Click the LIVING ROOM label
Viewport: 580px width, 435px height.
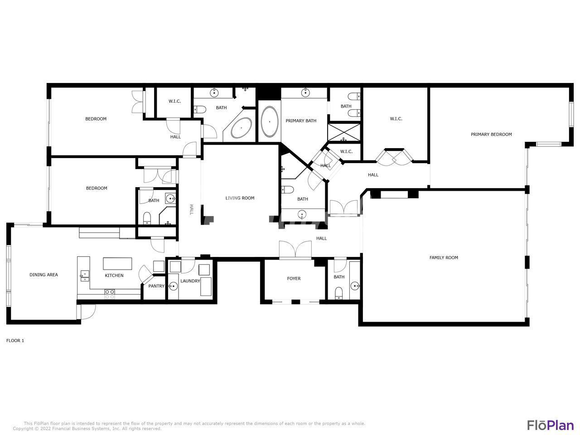[x=240, y=198]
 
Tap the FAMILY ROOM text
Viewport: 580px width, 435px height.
[x=444, y=257]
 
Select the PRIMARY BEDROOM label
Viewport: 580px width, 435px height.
[x=491, y=134]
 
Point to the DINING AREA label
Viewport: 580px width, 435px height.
[x=43, y=275]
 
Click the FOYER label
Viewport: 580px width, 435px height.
[x=294, y=278]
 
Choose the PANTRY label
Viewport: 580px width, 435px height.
[x=156, y=286]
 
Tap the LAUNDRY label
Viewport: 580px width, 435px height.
[x=190, y=281]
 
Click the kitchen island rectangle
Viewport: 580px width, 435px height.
[x=117, y=263]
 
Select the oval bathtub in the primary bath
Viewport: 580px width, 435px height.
[x=269, y=122]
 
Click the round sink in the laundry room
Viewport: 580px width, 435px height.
[x=173, y=286]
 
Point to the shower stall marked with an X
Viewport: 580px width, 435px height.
[x=343, y=132]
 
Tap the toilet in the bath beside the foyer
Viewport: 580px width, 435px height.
[x=338, y=293]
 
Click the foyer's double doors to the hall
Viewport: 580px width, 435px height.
[x=295, y=249]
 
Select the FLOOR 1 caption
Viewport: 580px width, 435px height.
[x=15, y=340]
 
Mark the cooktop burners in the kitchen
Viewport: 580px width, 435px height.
[x=110, y=294]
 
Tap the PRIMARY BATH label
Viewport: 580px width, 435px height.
[x=301, y=121]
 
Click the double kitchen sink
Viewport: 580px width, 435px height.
[x=84, y=276]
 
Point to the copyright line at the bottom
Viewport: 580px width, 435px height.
[x=87, y=428]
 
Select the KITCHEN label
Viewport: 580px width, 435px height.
[x=114, y=275]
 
